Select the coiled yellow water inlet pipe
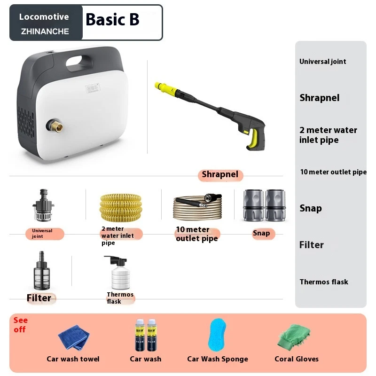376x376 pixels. pyautogui.click(x=121, y=207)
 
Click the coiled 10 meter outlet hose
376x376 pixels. pyautogui.click(x=197, y=207)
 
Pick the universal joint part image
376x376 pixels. pyautogui.click(x=43, y=205)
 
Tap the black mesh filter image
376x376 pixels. pyautogui.click(x=42, y=271)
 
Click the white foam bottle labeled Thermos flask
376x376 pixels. pyautogui.click(x=119, y=273)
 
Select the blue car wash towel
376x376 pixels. pyautogui.click(x=74, y=337)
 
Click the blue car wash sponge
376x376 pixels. pyautogui.click(x=217, y=335)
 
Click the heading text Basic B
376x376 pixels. pyautogui.click(x=112, y=19)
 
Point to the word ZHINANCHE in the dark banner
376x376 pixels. pyautogui.click(x=45, y=31)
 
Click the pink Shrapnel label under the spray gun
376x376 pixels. pyautogui.click(x=220, y=174)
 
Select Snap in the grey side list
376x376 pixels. pyautogui.click(x=311, y=208)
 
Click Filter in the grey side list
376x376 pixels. pyautogui.click(x=312, y=245)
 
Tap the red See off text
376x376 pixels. pyautogui.click(x=20, y=325)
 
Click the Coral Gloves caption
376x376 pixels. pyautogui.click(x=297, y=359)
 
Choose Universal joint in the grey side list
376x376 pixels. pyautogui.click(x=322, y=62)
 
